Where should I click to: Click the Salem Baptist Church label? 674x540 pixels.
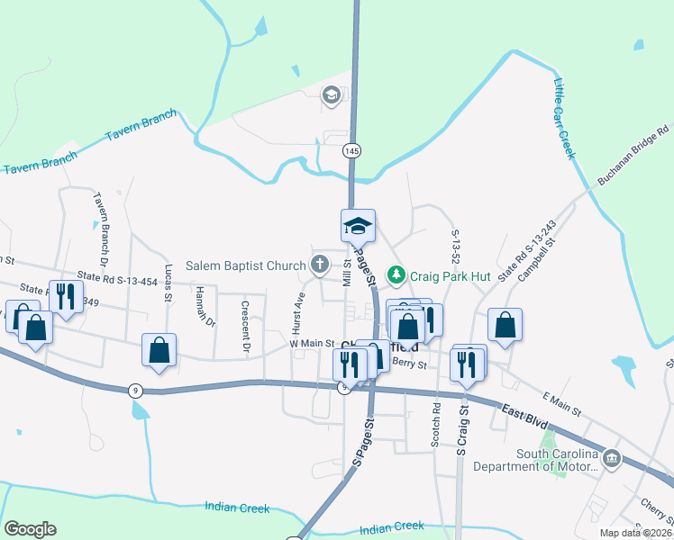click(246, 265)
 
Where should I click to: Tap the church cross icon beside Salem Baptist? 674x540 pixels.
click(318, 265)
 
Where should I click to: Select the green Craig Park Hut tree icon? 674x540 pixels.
click(395, 274)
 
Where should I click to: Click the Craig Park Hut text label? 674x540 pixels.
click(450, 276)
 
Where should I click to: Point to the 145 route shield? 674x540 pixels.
click(351, 151)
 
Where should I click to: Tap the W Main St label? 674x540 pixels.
click(312, 344)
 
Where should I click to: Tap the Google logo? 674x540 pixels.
click(30, 529)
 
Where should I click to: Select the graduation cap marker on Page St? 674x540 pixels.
click(358, 226)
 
